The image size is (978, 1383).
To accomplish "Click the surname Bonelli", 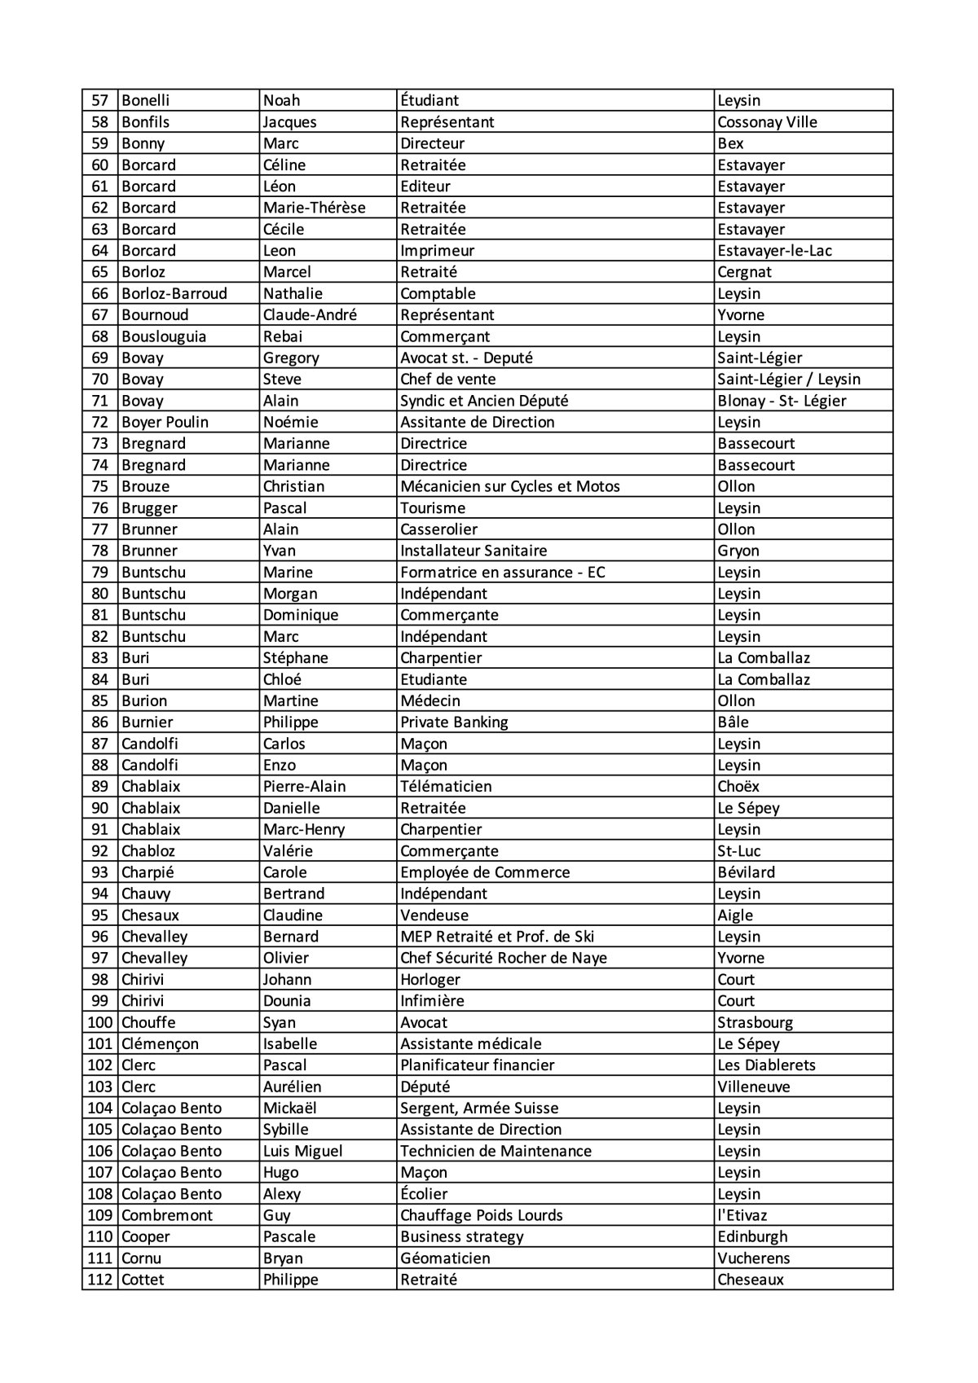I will (x=145, y=100).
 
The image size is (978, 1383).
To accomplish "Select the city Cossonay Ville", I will (x=767, y=122).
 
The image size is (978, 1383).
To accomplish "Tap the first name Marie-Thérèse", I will (x=314, y=208).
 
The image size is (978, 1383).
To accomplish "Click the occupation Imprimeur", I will (x=437, y=251).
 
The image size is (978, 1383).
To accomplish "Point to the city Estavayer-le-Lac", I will (x=774, y=251).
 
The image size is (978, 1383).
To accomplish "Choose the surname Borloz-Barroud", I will (x=174, y=293).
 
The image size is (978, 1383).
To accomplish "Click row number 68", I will (x=99, y=336).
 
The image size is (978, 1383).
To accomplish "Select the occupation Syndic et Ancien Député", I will (x=484, y=401).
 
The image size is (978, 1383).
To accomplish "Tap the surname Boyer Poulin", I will (x=165, y=422).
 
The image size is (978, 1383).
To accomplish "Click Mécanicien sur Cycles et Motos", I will (x=510, y=486).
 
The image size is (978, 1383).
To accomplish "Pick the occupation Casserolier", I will (x=438, y=529).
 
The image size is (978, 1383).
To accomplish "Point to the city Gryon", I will (x=738, y=551).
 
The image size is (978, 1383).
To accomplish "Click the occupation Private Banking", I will (x=454, y=722).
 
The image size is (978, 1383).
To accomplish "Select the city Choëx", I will (x=738, y=786).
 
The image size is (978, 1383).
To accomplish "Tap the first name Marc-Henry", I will (x=303, y=829).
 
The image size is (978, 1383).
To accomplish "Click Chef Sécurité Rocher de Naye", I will (x=504, y=958).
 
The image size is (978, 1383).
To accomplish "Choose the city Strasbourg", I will (x=755, y=1022).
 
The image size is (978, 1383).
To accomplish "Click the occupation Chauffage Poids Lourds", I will (x=481, y=1215).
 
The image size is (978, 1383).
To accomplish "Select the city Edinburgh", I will (x=752, y=1236).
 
